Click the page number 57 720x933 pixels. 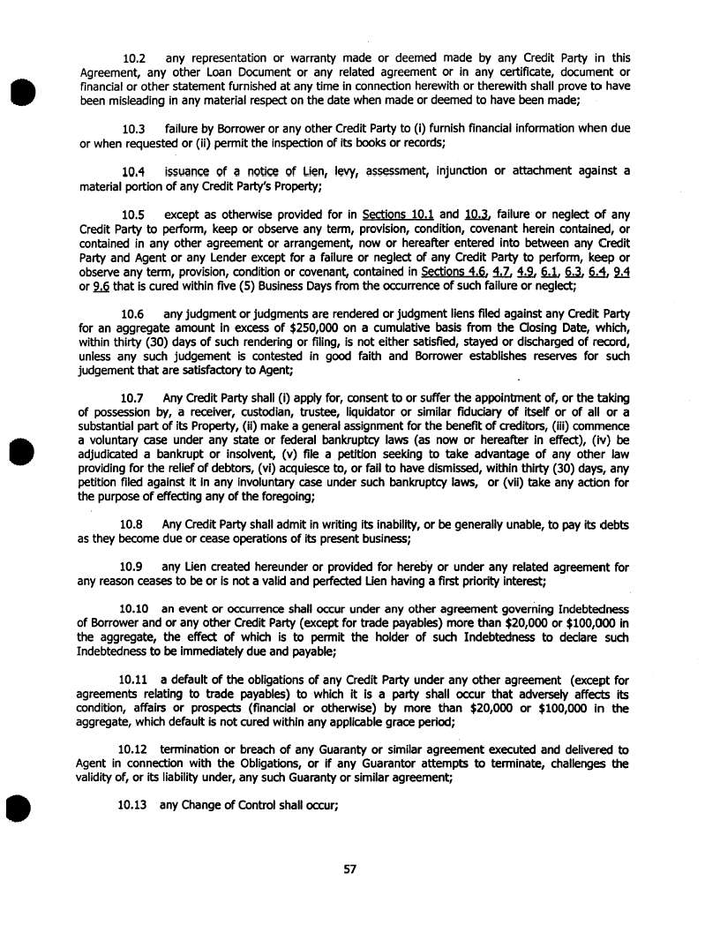(x=349, y=869)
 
